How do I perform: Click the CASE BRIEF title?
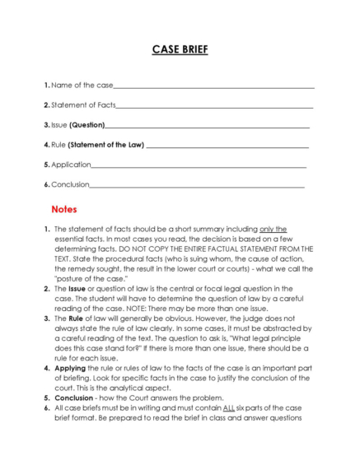[180, 50]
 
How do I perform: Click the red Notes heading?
[63, 209]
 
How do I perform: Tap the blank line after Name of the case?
[213, 86]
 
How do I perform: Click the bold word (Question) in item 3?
[86, 125]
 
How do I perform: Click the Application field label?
[70, 165]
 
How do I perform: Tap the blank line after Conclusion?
[197, 184]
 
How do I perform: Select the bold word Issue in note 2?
[77, 289]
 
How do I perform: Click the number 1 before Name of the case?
[45, 86]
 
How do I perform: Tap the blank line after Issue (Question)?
[207, 125]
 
